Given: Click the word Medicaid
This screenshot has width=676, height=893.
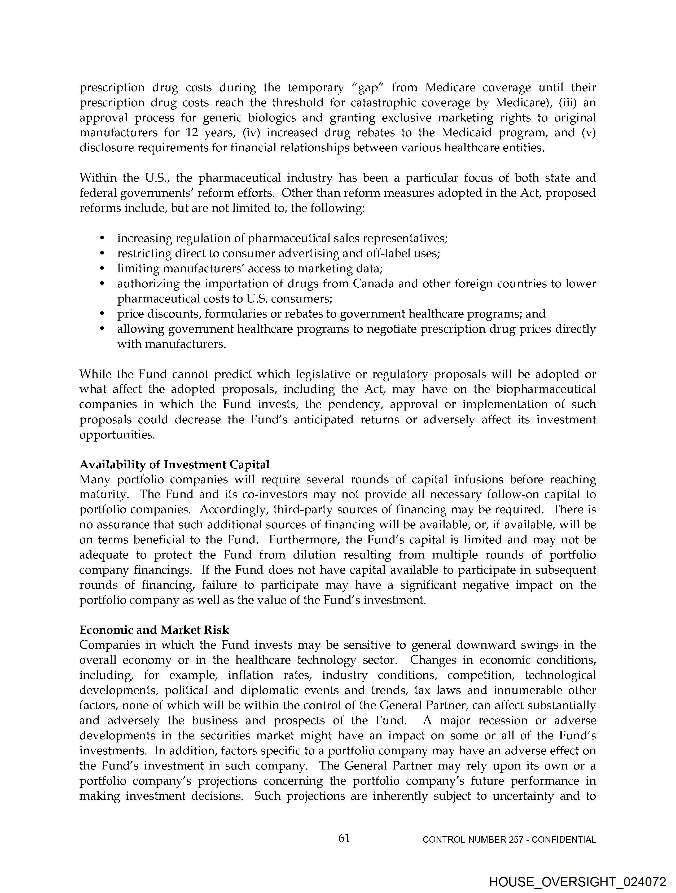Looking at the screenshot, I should coord(466,133).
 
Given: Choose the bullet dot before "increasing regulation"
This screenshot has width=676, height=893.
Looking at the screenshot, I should coord(102,239).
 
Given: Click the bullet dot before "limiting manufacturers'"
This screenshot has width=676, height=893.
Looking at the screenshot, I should coord(102,269).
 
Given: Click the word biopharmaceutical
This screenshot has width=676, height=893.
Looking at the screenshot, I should coord(546,390).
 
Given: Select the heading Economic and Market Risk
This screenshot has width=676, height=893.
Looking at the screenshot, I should coord(154,630).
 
